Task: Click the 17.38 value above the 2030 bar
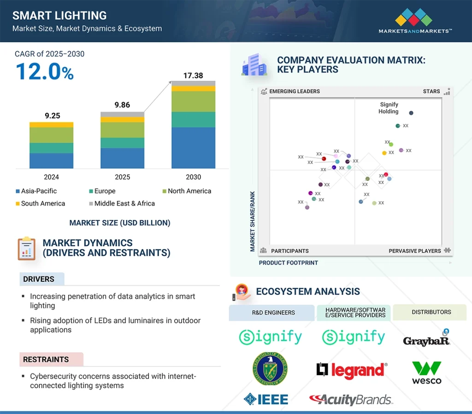point(193,76)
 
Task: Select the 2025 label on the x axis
point(123,177)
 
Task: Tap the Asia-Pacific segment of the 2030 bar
point(193,148)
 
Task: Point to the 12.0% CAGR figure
point(44,72)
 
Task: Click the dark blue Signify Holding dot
point(411,113)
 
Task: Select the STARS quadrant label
point(431,91)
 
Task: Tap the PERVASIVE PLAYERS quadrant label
point(415,251)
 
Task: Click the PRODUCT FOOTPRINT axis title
point(289,263)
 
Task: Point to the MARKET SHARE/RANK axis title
point(253,221)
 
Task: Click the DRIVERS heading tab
point(39,279)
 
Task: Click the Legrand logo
point(352,370)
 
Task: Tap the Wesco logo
point(426,373)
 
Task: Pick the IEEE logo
point(266,399)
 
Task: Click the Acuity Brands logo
point(351,399)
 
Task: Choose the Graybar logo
point(426,339)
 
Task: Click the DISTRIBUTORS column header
point(431,312)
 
